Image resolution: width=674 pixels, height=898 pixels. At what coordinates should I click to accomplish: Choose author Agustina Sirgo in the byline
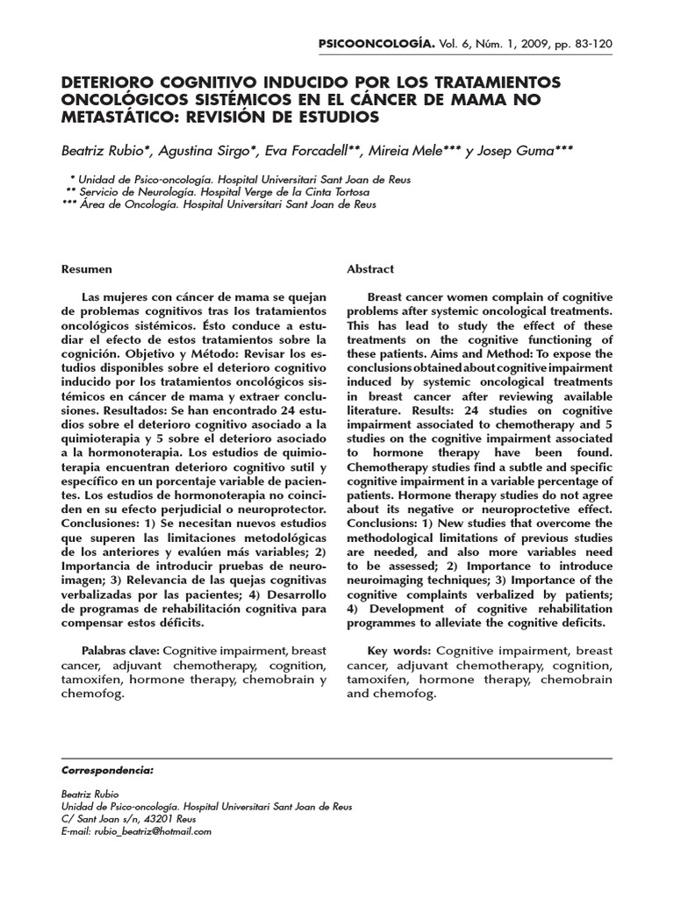(208, 151)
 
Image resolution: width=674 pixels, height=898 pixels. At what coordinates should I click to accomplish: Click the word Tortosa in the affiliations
(346, 191)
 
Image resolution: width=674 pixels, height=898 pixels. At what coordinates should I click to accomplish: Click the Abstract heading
(370, 269)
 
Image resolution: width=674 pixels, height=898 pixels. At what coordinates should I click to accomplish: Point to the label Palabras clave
(120, 651)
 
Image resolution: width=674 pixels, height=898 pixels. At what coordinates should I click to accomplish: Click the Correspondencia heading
(107, 770)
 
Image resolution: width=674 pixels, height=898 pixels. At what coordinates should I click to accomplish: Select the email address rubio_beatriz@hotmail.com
(153, 831)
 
